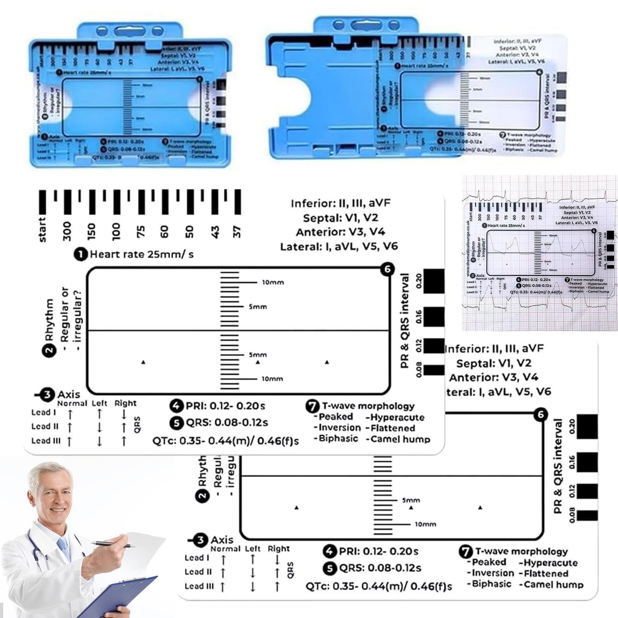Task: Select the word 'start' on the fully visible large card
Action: tap(42, 229)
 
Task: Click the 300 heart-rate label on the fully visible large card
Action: tap(67, 231)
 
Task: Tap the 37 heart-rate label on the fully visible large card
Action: tap(236, 232)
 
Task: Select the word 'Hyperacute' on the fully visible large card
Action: tap(397, 417)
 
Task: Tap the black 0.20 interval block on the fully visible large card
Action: tap(434, 281)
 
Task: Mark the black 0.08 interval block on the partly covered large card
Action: tap(587, 515)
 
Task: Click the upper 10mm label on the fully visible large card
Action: tap(272, 283)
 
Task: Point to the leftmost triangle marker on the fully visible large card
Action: tap(143, 362)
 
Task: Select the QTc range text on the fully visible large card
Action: tap(225, 441)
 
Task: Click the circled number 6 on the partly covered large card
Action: tap(541, 415)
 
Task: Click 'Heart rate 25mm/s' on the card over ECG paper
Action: tap(506, 225)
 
